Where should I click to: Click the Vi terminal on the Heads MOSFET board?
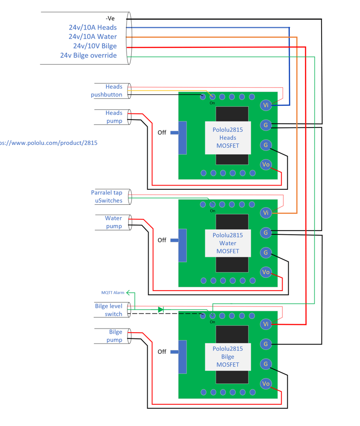point(266,105)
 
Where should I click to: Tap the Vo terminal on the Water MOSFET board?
point(266,272)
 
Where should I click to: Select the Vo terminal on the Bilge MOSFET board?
point(266,384)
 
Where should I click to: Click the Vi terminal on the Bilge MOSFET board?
point(266,324)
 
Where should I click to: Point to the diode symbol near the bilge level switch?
point(161,309)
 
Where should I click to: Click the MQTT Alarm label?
point(113,292)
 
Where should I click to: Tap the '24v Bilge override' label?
point(88,55)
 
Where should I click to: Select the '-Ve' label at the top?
point(110,18)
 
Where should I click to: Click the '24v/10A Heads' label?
point(93,28)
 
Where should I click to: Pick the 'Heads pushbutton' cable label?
point(106,91)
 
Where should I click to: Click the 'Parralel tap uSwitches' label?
point(106,196)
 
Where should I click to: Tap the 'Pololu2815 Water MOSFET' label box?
point(228,243)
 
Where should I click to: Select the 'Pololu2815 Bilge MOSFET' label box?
point(228,357)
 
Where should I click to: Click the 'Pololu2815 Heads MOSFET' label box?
point(228,138)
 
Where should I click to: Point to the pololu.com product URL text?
point(48,143)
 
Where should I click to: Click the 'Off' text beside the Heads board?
point(162,133)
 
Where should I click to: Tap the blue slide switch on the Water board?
point(182,245)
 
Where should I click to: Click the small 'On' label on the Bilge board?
point(212,322)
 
